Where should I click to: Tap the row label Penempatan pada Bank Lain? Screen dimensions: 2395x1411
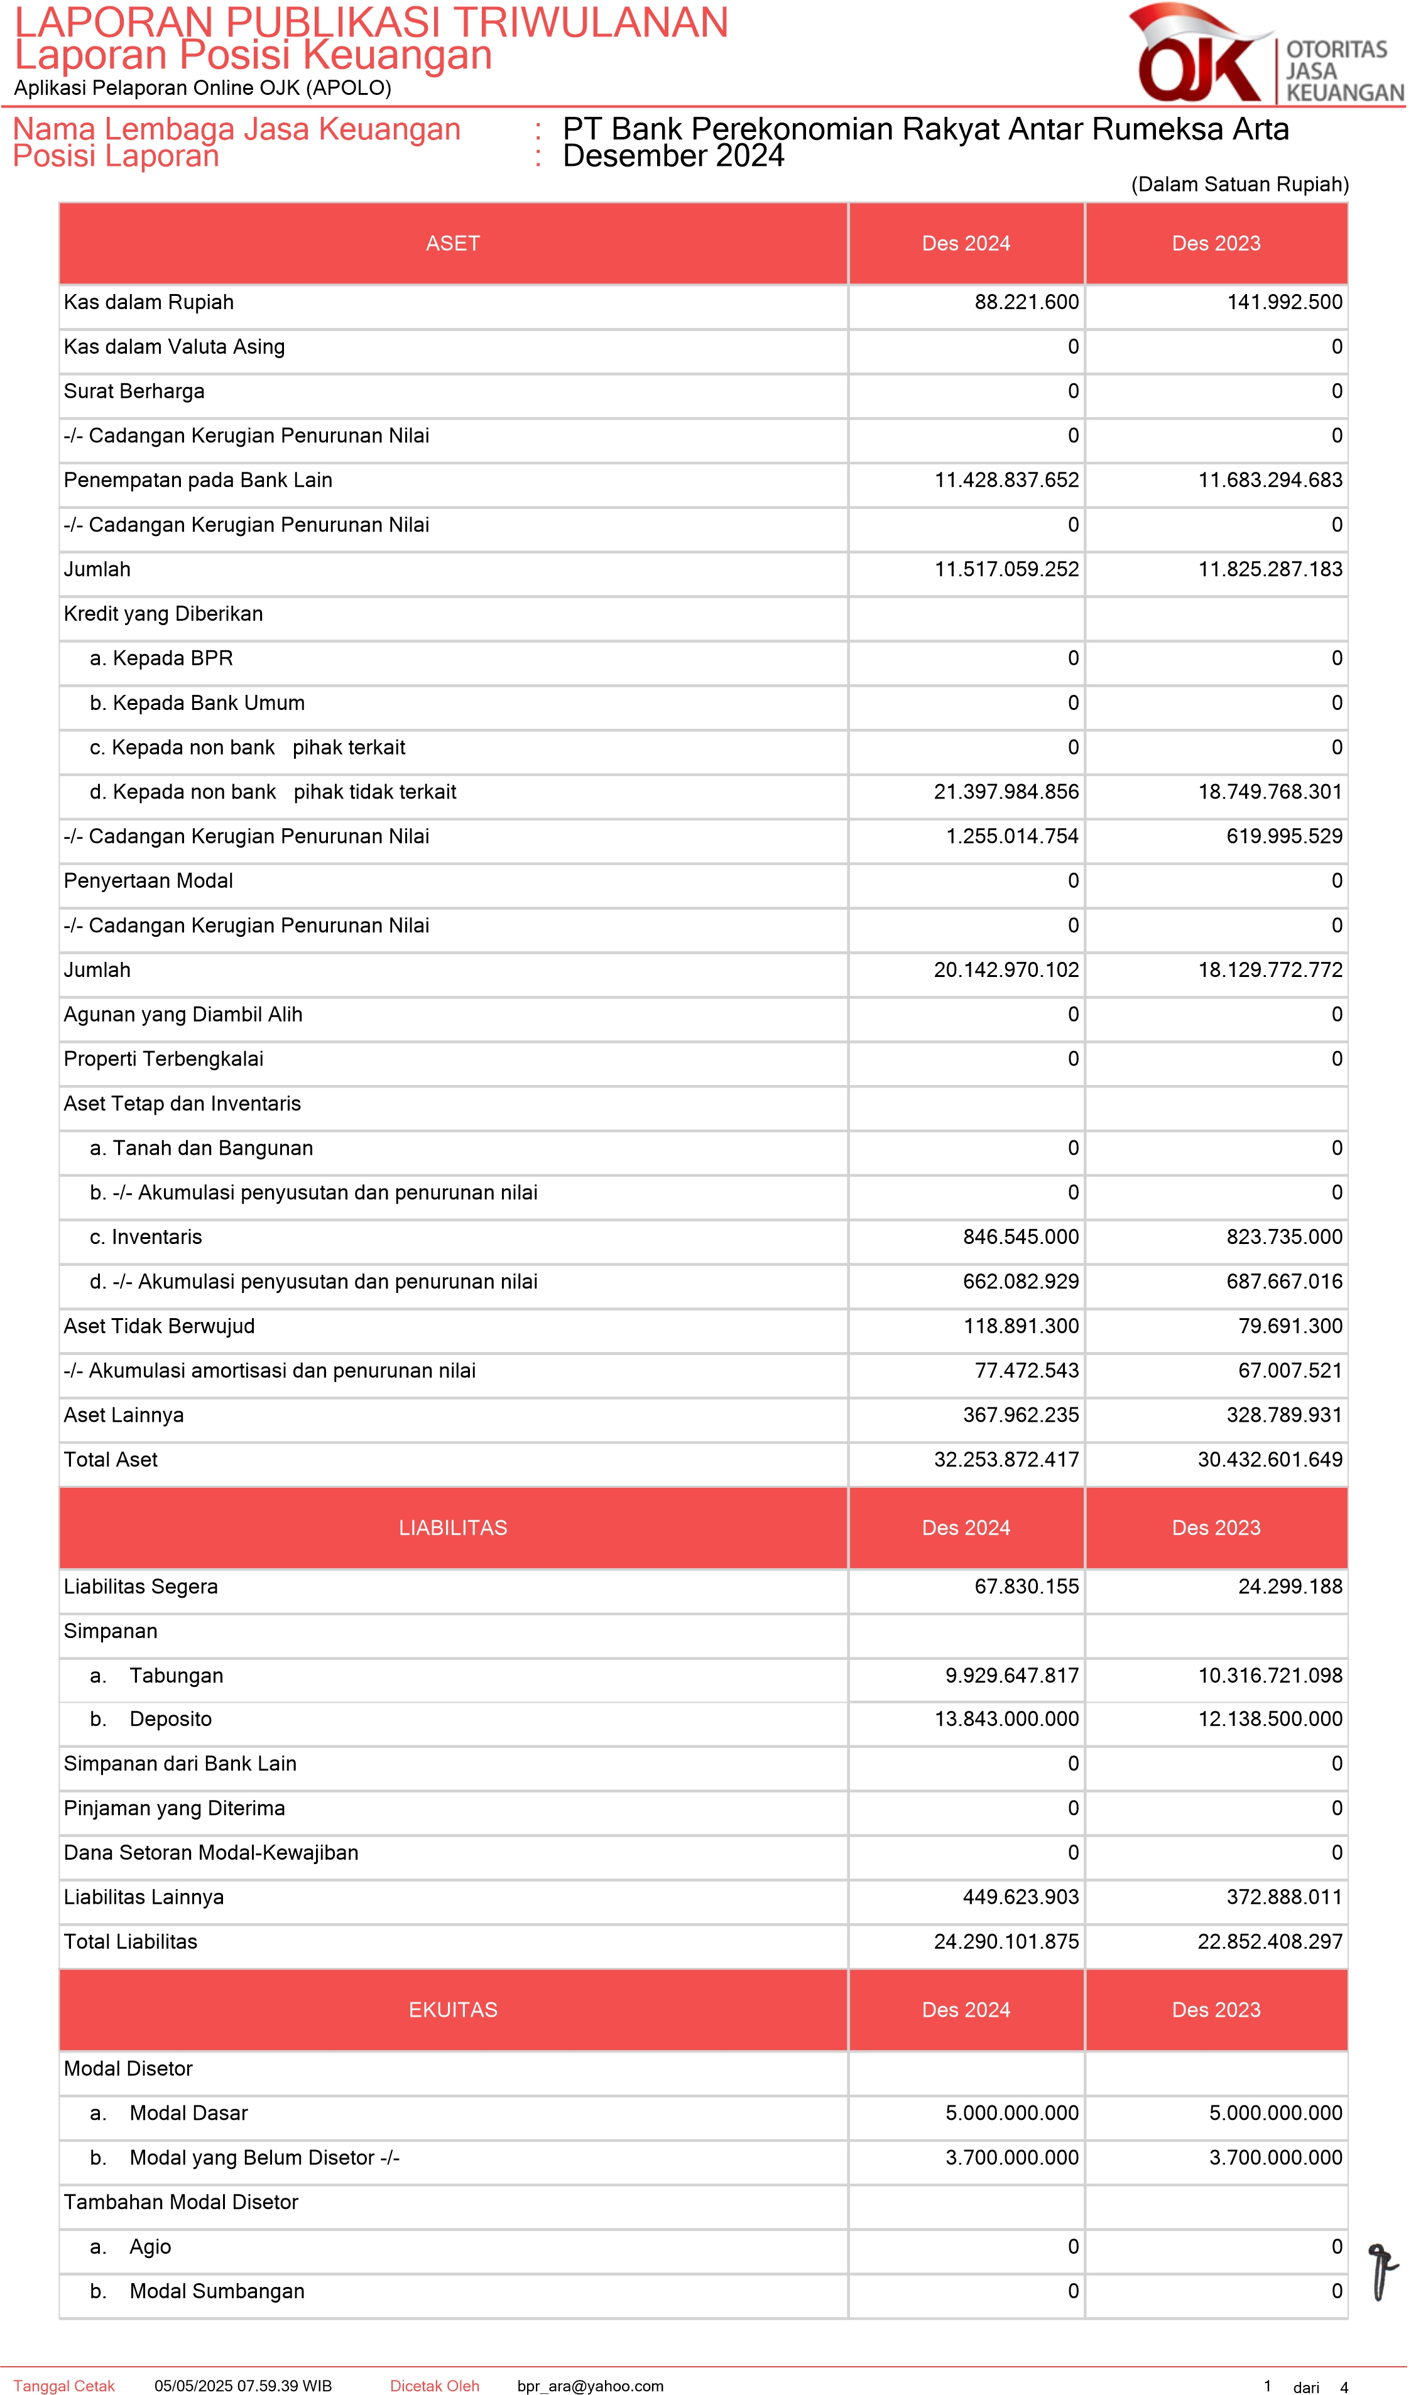(198, 480)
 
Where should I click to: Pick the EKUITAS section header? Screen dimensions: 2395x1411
(452, 2009)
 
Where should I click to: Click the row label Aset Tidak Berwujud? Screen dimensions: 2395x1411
(159, 1326)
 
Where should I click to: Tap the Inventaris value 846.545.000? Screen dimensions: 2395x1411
(1020, 1237)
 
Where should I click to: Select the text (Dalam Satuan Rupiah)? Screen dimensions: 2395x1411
(1239, 185)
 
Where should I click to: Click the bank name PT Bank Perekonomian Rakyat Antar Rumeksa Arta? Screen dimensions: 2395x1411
(925, 129)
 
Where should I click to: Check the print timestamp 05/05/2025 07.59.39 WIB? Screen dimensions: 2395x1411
(242, 2386)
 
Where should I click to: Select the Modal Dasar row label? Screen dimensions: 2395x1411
(188, 2113)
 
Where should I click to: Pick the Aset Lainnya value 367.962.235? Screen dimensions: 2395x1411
(1020, 1415)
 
